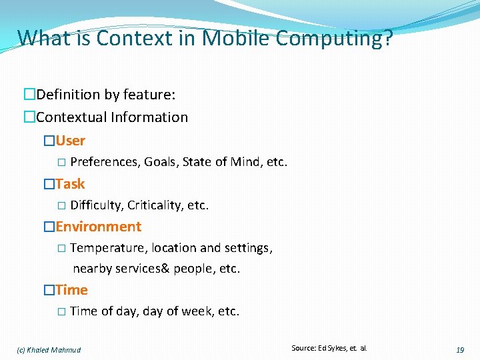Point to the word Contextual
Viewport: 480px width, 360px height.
pos(71,117)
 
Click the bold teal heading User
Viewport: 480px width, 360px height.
pos(71,141)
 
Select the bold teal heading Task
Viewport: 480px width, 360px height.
pos(71,183)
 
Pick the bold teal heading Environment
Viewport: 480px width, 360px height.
pos(99,227)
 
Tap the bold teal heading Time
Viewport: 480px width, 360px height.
pos(72,289)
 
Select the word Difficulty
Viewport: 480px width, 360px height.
pos(96,205)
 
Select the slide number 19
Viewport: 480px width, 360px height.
pos(460,349)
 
